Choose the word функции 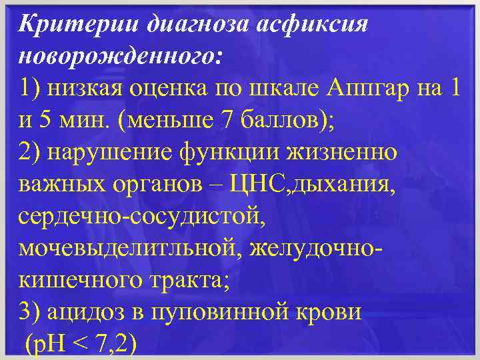click(x=239, y=152)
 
